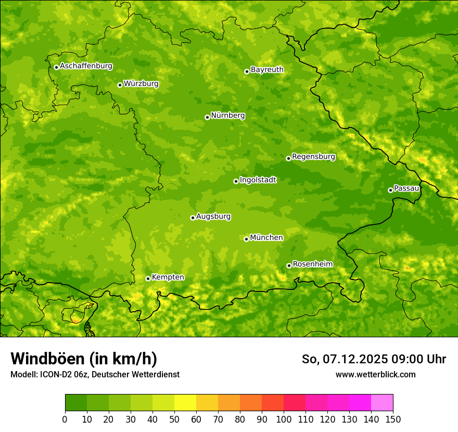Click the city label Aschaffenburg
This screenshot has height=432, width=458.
[86, 66]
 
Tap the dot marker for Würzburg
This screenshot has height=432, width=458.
[120, 85]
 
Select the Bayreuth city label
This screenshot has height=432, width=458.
[267, 69]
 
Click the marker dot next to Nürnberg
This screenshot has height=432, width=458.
[207, 117]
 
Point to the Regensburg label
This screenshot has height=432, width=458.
[313, 156]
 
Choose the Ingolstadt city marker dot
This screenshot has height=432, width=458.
[236, 181]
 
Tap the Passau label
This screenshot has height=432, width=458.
[406, 188]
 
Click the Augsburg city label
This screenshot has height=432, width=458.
[213, 216]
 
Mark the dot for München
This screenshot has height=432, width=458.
[246, 239]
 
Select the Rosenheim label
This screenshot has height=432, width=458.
[312, 264]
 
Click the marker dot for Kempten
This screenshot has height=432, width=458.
[148, 278]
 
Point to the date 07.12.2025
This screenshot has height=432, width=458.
[354, 359]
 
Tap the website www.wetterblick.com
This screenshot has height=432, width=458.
[375, 374]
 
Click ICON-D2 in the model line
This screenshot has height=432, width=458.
[53, 374]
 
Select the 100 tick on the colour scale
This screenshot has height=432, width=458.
[283, 418]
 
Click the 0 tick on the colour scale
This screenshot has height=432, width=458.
[65, 418]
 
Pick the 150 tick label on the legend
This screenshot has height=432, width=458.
[392, 418]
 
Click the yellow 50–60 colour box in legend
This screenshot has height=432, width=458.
[185, 402]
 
